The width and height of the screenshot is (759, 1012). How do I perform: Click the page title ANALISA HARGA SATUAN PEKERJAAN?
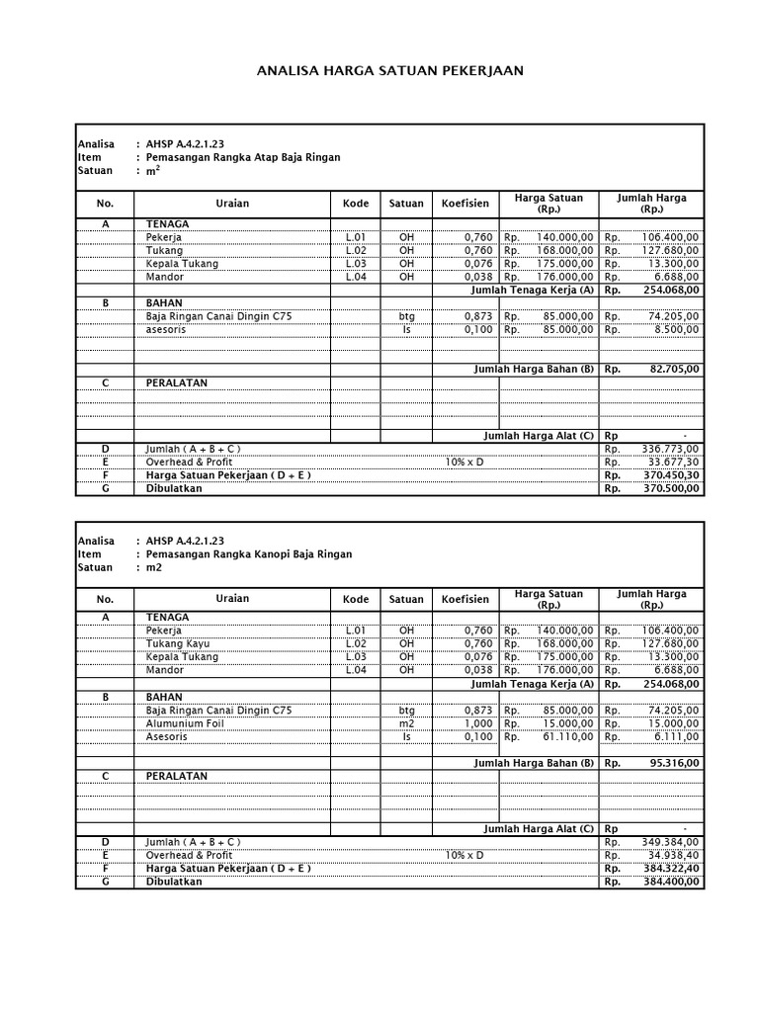pyautogui.click(x=389, y=71)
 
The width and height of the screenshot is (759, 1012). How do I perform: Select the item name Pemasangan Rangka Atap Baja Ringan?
pyautogui.click(x=243, y=157)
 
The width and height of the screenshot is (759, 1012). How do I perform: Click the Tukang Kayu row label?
pyautogui.click(x=178, y=643)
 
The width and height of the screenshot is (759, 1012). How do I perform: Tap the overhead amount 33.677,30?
pyautogui.click(x=670, y=462)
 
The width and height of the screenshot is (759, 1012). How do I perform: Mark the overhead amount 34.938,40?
pyautogui.click(x=670, y=855)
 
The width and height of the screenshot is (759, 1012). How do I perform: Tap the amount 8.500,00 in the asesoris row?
pyautogui.click(x=675, y=329)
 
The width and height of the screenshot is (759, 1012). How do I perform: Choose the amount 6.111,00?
pyautogui.click(x=675, y=736)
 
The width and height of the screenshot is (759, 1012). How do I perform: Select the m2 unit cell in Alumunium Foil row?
pyautogui.click(x=406, y=723)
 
